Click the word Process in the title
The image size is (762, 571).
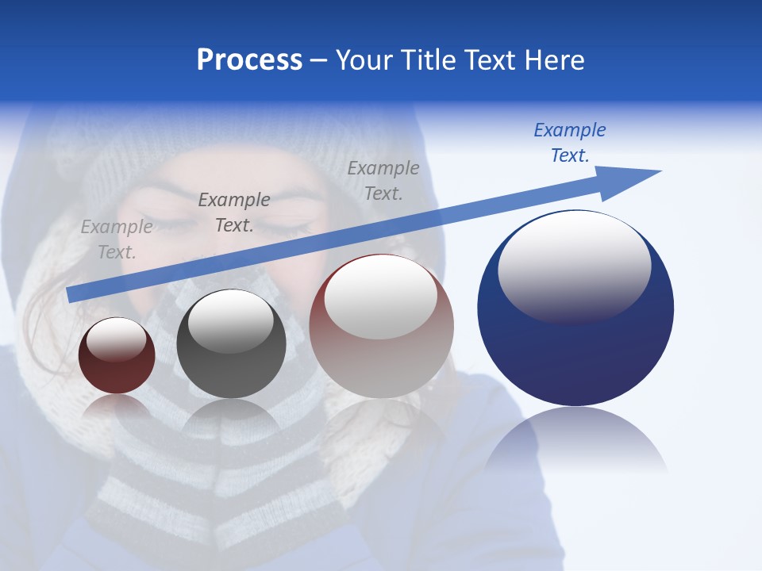[249, 60]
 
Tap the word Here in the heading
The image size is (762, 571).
[555, 60]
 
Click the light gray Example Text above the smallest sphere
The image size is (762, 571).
[117, 240]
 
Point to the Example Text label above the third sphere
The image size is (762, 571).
[383, 180]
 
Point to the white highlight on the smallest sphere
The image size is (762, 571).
[116, 339]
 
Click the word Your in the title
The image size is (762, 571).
[363, 60]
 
